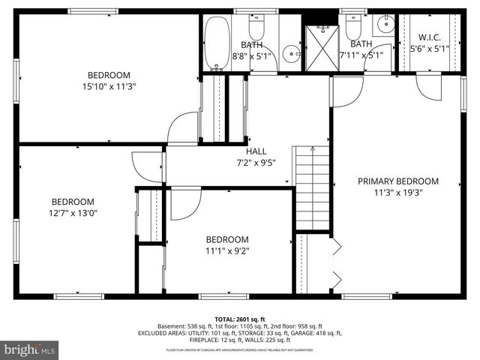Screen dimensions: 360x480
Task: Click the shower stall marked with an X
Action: (x=322, y=47)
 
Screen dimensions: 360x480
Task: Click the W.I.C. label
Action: (x=429, y=37)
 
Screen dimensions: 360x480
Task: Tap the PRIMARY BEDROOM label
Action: (x=397, y=181)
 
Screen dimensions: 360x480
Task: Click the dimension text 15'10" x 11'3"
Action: (x=109, y=85)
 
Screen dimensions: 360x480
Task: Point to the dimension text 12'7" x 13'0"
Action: (x=73, y=212)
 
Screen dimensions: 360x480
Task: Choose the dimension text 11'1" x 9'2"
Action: (x=227, y=251)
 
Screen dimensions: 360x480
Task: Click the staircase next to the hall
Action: (x=312, y=187)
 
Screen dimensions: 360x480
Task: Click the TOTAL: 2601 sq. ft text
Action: (x=240, y=318)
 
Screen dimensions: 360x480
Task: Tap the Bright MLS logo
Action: (x=30, y=349)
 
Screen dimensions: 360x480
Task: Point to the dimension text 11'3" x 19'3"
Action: (x=397, y=193)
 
